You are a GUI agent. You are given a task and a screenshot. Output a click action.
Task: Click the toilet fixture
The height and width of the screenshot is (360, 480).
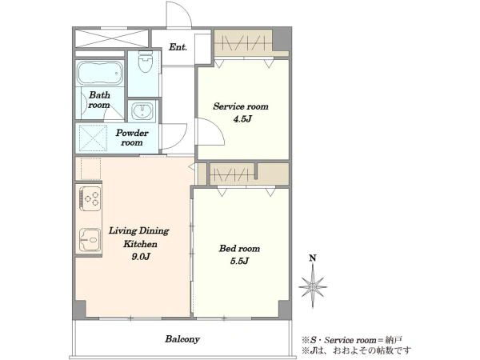tap(145, 62)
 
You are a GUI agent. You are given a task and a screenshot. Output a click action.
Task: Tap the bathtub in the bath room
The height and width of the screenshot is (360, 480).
tap(100, 73)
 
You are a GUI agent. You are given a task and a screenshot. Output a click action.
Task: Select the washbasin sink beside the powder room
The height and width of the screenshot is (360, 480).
tap(142, 111)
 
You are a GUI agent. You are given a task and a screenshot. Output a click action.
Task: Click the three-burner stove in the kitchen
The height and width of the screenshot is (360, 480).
tap(90, 198)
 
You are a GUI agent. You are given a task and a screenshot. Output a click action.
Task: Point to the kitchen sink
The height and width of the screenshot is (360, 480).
tap(90, 240)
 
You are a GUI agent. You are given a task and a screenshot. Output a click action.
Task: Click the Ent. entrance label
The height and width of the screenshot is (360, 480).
tap(178, 47)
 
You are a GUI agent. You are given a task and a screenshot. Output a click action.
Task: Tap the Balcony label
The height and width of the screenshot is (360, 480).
tap(182, 339)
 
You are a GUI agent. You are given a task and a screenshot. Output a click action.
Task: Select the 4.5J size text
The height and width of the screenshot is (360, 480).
tap(242, 118)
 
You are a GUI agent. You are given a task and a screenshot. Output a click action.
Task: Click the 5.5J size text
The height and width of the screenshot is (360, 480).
tap(239, 261)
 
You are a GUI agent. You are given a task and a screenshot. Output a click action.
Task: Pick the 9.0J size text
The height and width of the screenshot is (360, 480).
tap(141, 257)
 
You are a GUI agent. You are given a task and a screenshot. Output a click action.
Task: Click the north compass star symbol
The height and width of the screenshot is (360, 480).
tap(313, 286)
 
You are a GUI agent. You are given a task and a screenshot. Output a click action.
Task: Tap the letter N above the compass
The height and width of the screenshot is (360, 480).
tap(313, 258)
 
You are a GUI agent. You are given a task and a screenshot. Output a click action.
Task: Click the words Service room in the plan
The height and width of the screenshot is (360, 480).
tap(241, 106)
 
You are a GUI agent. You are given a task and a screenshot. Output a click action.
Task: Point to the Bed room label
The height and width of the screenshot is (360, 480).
tap(239, 248)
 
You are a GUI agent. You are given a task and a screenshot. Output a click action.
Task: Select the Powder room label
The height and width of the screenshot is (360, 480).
tap(132, 138)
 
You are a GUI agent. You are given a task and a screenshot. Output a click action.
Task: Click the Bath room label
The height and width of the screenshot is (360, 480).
tap(99, 100)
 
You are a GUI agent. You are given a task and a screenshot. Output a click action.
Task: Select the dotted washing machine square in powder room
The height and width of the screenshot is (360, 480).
tap(93, 138)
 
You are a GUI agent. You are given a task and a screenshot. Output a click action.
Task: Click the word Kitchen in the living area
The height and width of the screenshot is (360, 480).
tap(140, 244)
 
